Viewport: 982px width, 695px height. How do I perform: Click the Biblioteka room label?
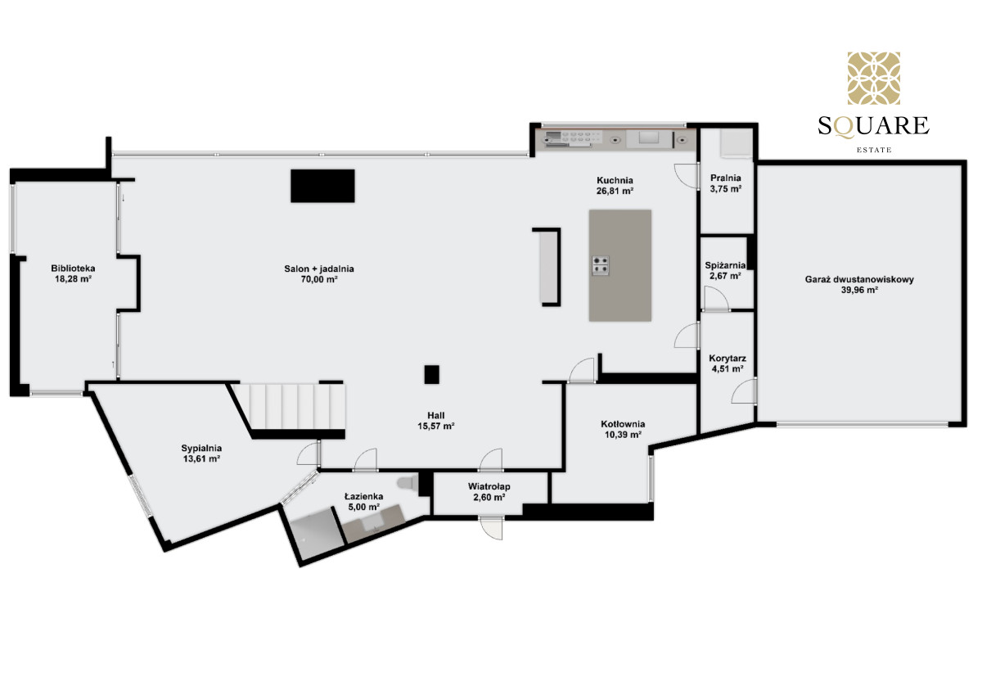pyautogui.click(x=73, y=269)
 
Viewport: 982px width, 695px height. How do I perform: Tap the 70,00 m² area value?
pyautogui.click(x=318, y=280)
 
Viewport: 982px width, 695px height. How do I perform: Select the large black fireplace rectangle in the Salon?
pyautogui.click(x=322, y=186)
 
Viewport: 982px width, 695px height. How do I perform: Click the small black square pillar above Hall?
pyautogui.click(x=432, y=374)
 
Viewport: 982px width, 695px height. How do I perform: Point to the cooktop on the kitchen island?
pyautogui.click(x=600, y=265)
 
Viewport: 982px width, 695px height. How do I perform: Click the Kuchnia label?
pyautogui.click(x=615, y=180)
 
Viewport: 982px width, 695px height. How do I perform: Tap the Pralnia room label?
pyautogui.click(x=726, y=178)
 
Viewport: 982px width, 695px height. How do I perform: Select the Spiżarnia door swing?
pyautogui.click(x=716, y=299)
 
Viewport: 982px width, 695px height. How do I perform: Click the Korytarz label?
pyautogui.click(x=727, y=359)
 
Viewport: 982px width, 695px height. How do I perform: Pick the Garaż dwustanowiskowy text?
pyautogui.click(x=859, y=279)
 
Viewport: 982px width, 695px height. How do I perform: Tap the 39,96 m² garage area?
pyautogui.click(x=859, y=290)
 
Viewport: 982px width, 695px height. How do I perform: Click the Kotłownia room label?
pyautogui.click(x=623, y=424)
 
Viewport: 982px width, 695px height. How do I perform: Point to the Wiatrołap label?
pyautogui.click(x=489, y=486)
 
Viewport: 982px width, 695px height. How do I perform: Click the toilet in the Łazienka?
pyautogui.click(x=408, y=483)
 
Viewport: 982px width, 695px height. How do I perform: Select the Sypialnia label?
pyautogui.click(x=201, y=448)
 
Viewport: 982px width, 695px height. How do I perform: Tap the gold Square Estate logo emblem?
pyautogui.click(x=874, y=79)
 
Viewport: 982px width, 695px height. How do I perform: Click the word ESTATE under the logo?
pyautogui.click(x=874, y=150)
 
